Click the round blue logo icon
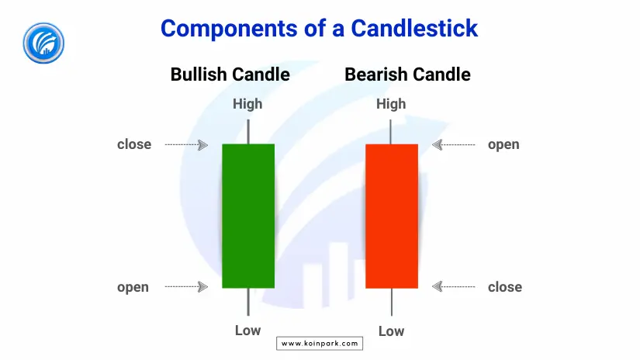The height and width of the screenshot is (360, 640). coord(43,43)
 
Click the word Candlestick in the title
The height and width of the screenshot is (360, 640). coord(414,29)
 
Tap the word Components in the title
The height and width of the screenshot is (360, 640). coord(229,29)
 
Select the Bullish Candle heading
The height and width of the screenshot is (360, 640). coord(230,74)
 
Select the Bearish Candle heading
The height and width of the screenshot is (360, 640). coord(407,74)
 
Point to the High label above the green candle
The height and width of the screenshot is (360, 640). coord(247,104)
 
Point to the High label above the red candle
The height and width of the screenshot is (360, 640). coord(391,104)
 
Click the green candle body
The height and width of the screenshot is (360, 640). coord(248,216)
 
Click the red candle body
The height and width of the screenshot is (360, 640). coord(392,216)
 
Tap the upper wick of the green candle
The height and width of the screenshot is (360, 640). coord(248,131)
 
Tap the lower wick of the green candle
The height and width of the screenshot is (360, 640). coord(248,302)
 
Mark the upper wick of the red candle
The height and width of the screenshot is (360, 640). coord(391,131)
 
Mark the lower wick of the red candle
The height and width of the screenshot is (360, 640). coord(392,302)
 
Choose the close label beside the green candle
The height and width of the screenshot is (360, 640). coord(134,144)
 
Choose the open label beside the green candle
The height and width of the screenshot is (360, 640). coord(133,288)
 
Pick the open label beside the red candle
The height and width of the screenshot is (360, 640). coord(503,145)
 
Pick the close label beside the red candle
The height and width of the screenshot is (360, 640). coord(505,287)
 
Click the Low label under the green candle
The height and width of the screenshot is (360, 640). coord(247,331)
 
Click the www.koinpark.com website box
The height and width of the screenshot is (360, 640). coord(320,343)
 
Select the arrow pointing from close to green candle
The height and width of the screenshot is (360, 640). coord(186,145)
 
